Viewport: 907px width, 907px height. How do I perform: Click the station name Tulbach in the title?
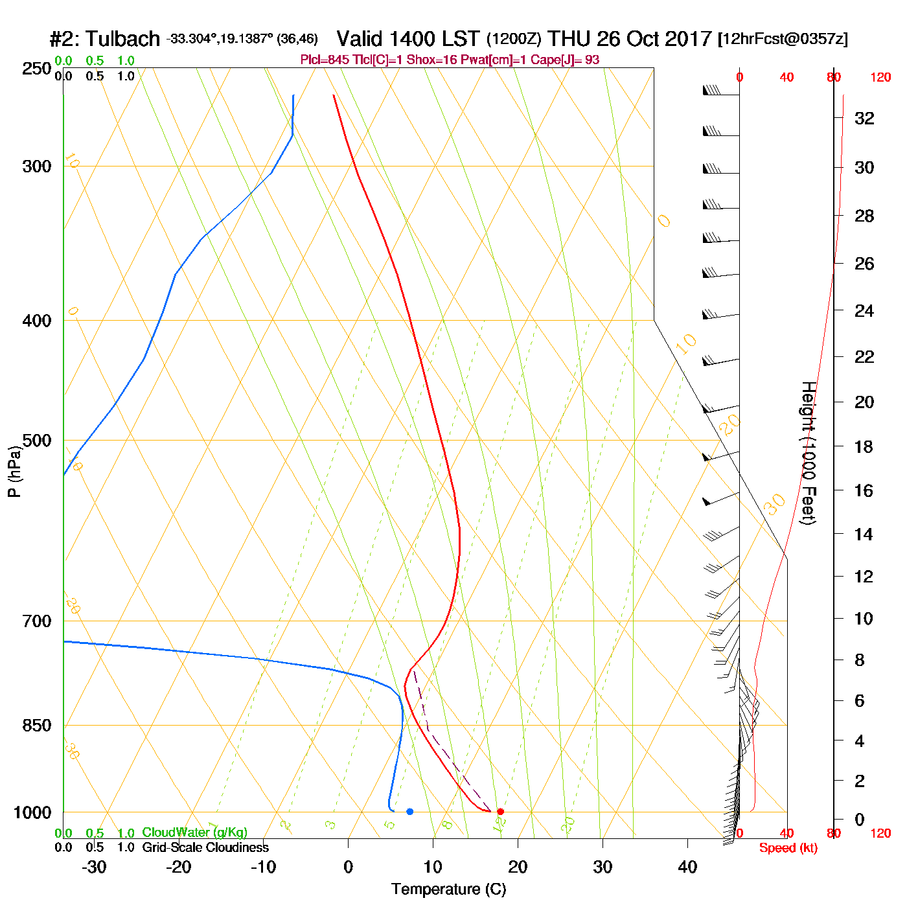[x=122, y=39]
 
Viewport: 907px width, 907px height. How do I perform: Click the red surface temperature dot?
[x=500, y=811]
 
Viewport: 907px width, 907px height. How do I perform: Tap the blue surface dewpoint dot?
[x=409, y=811]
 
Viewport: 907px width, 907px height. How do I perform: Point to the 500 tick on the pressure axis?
[x=37, y=441]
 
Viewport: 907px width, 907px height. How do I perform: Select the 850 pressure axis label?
[x=37, y=726]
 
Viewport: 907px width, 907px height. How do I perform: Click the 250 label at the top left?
[x=37, y=69]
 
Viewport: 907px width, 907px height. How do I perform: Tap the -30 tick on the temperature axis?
[x=94, y=867]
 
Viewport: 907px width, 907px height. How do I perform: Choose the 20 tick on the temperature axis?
[x=518, y=867]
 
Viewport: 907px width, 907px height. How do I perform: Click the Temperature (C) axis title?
[x=448, y=890]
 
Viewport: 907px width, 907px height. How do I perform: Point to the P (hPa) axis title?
[x=14, y=471]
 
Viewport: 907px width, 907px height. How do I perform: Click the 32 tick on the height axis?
[x=864, y=119]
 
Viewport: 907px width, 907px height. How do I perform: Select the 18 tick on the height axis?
[x=864, y=446]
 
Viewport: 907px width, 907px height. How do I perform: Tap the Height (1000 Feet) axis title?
[x=808, y=453]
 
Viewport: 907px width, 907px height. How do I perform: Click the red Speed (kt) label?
[x=788, y=848]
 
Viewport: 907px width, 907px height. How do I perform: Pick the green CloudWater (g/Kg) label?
[x=194, y=832]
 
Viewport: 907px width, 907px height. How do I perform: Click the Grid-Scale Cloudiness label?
[x=205, y=847]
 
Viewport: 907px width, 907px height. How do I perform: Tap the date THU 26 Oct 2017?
[x=630, y=39]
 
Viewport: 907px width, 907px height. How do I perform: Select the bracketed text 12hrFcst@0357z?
[x=783, y=39]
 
